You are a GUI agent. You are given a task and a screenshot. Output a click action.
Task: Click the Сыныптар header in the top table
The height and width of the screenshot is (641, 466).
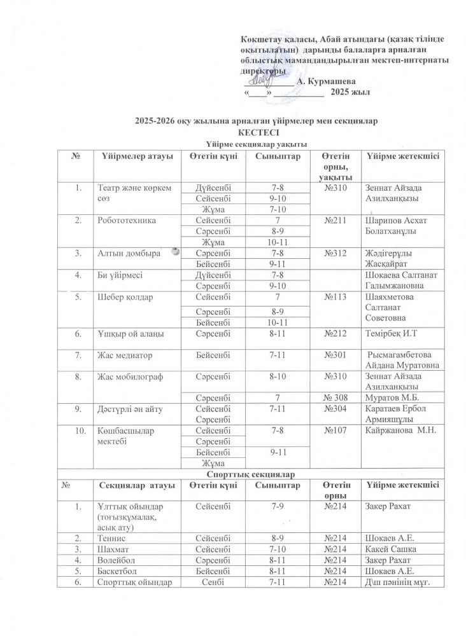coord(278,156)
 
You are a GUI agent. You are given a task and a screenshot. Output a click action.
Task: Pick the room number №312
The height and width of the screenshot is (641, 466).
coord(335,252)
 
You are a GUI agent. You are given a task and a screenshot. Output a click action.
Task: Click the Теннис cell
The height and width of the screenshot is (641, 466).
coord(112,539)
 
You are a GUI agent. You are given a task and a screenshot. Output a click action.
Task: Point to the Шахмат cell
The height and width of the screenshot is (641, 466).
coord(113,549)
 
